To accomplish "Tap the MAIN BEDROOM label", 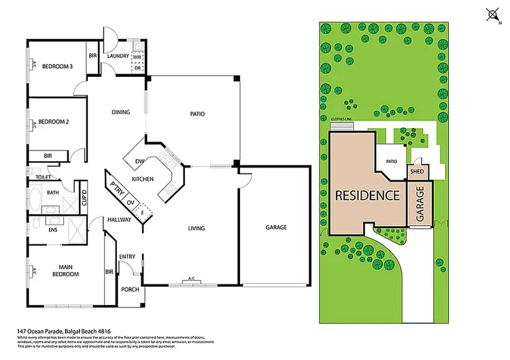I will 65,270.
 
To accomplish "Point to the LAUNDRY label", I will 118,56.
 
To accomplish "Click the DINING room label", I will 121,114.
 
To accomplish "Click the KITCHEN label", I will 143,179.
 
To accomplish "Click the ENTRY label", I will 127,257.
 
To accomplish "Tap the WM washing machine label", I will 137,57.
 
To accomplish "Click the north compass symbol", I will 492,13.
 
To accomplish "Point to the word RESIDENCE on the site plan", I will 367,195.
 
